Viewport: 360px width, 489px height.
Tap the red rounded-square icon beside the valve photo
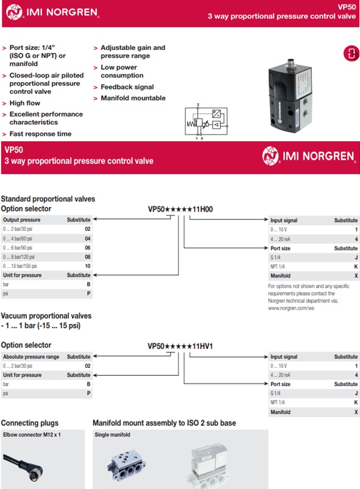350,53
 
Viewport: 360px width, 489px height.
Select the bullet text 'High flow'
25,104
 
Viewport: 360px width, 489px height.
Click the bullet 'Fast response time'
40,134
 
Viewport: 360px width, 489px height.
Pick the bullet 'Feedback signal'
127,87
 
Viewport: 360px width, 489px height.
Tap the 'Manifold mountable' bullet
133,98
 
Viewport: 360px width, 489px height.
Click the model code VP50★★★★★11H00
180,209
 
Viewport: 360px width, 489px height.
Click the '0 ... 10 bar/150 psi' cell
20,266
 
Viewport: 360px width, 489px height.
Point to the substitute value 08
87,257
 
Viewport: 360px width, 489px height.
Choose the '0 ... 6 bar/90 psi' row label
19,248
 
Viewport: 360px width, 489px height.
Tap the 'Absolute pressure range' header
31,357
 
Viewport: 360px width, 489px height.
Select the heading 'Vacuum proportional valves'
46,316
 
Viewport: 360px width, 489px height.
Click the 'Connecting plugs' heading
30,423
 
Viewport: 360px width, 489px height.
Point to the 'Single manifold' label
113,435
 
